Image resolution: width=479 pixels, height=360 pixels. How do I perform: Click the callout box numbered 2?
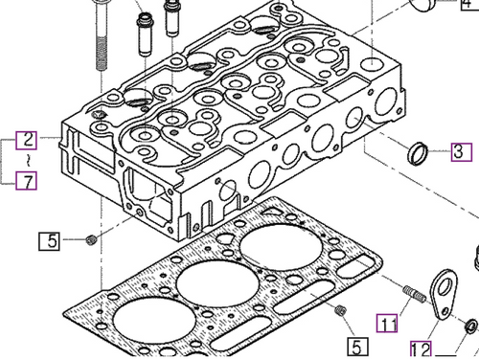pos(29,139)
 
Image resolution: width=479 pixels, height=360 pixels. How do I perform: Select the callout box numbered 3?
pos(459,151)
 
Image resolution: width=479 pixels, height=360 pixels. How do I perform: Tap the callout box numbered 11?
pos(386,322)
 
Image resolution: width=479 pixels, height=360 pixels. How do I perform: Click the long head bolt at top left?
pos(101,38)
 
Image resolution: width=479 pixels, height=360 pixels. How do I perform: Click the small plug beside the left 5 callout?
pos(91,238)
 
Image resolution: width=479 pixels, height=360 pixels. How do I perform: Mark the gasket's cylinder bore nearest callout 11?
pos(278,246)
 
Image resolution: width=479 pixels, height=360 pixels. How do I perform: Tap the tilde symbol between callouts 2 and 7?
pos(29,159)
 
